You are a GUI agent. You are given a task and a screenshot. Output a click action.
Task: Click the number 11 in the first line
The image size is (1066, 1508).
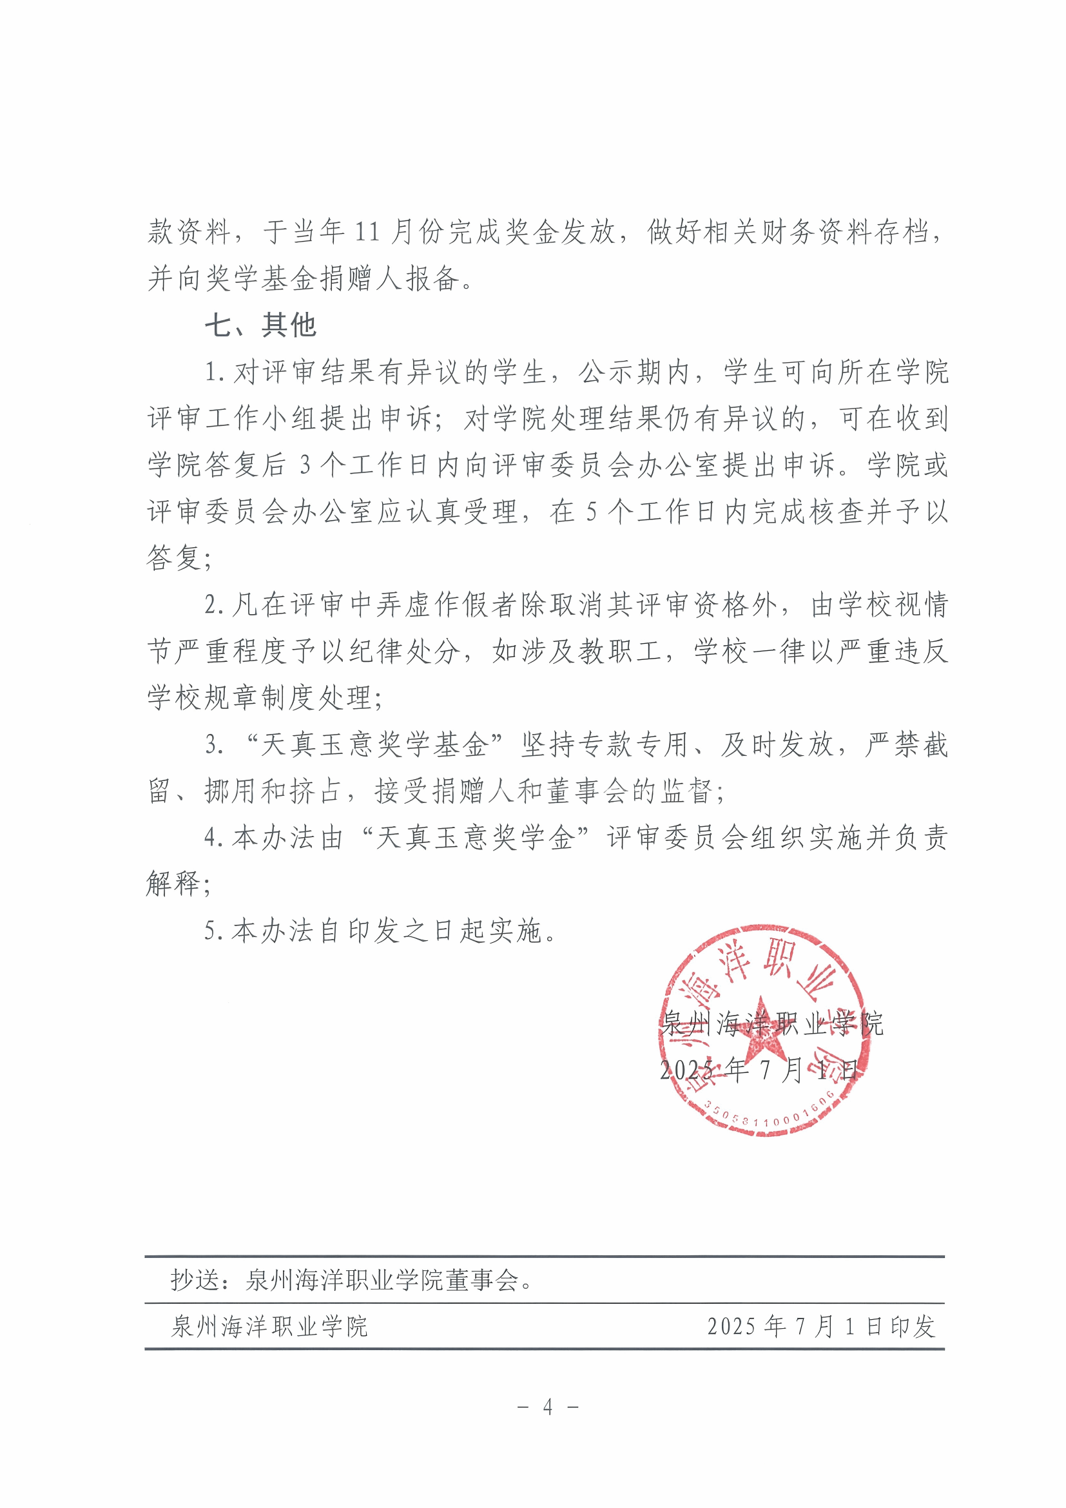(367, 232)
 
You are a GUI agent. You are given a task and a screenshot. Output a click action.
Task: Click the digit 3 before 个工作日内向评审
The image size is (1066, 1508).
(305, 466)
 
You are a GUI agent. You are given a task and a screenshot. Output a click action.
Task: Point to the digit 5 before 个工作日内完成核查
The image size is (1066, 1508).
(591, 512)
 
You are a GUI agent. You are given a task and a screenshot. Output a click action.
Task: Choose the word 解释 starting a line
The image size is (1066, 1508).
(173, 884)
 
